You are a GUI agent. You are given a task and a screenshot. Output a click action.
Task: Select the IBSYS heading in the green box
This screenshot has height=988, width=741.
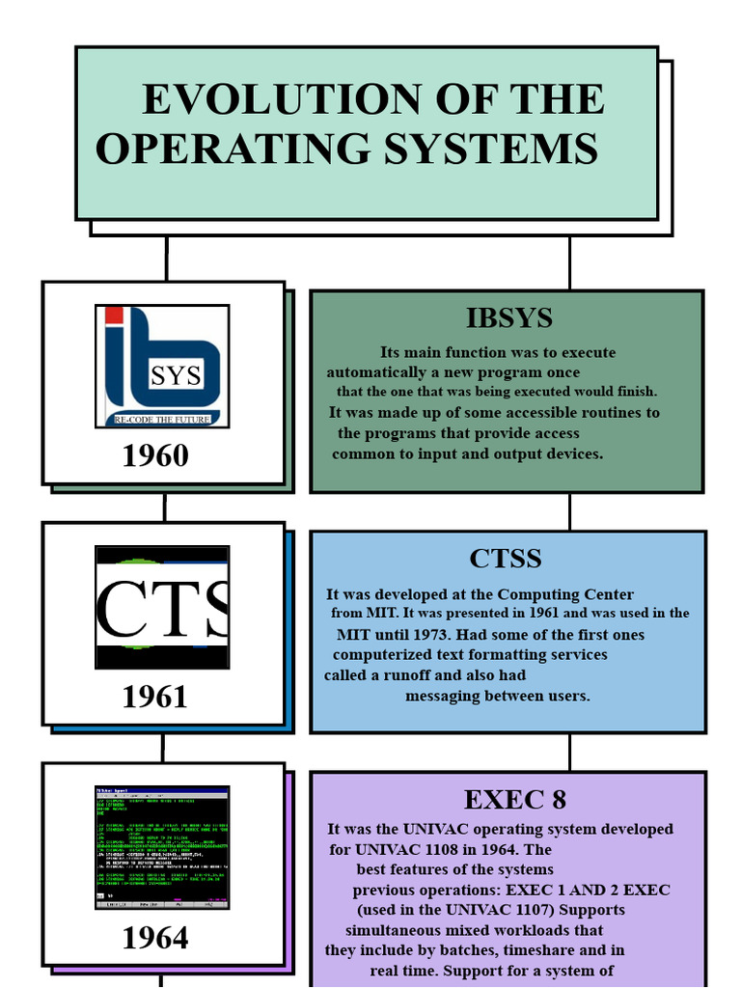click(508, 317)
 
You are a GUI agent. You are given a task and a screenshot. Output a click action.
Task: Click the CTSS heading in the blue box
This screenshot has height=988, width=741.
click(506, 559)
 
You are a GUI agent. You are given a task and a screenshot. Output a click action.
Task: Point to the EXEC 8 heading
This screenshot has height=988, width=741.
click(514, 800)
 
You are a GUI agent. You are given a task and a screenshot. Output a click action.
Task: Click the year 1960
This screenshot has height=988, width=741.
click(155, 455)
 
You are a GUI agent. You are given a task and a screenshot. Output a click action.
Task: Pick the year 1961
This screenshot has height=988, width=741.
click(155, 697)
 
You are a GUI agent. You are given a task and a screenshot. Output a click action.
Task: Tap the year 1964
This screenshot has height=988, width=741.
click(155, 938)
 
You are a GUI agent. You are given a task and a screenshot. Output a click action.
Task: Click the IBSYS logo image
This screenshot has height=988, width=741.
click(162, 366)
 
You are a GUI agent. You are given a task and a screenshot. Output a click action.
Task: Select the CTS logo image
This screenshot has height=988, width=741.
click(162, 607)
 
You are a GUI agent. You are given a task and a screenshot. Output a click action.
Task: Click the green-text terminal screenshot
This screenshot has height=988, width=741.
click(162, 847)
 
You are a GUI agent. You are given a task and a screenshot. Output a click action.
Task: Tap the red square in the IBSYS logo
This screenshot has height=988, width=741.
click(114, 315)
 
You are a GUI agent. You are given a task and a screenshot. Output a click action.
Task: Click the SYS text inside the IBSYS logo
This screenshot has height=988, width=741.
click(175, 376)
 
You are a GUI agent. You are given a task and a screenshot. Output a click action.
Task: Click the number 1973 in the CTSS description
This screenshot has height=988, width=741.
click(430, 635)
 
